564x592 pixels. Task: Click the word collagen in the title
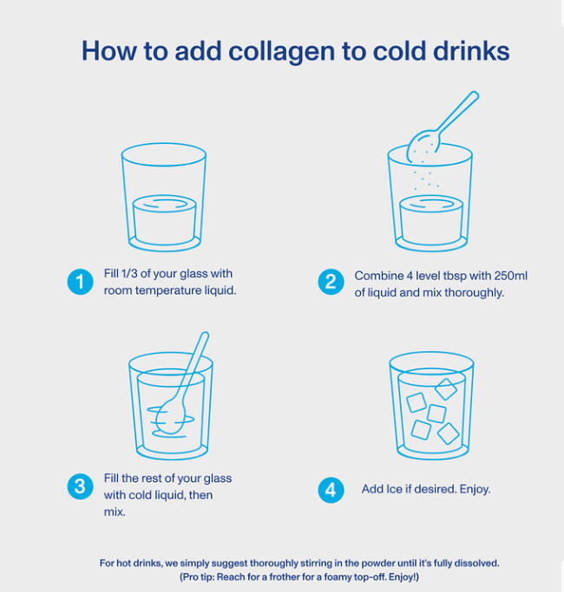point(282,52)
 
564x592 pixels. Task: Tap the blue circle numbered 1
point(80,282)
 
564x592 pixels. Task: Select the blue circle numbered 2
point(331,282)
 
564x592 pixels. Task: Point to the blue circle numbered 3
point(80,486)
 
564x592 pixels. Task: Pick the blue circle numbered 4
point(331,490)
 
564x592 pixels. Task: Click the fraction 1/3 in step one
point(129,273)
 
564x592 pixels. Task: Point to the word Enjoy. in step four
point(475,490)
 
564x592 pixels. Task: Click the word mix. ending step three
point(115,512)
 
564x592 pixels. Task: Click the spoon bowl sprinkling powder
point(423,146)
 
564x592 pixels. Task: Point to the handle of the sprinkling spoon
point(457,112)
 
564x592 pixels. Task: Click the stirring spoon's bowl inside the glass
point(170,417)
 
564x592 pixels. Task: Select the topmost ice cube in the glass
point(446,389)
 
